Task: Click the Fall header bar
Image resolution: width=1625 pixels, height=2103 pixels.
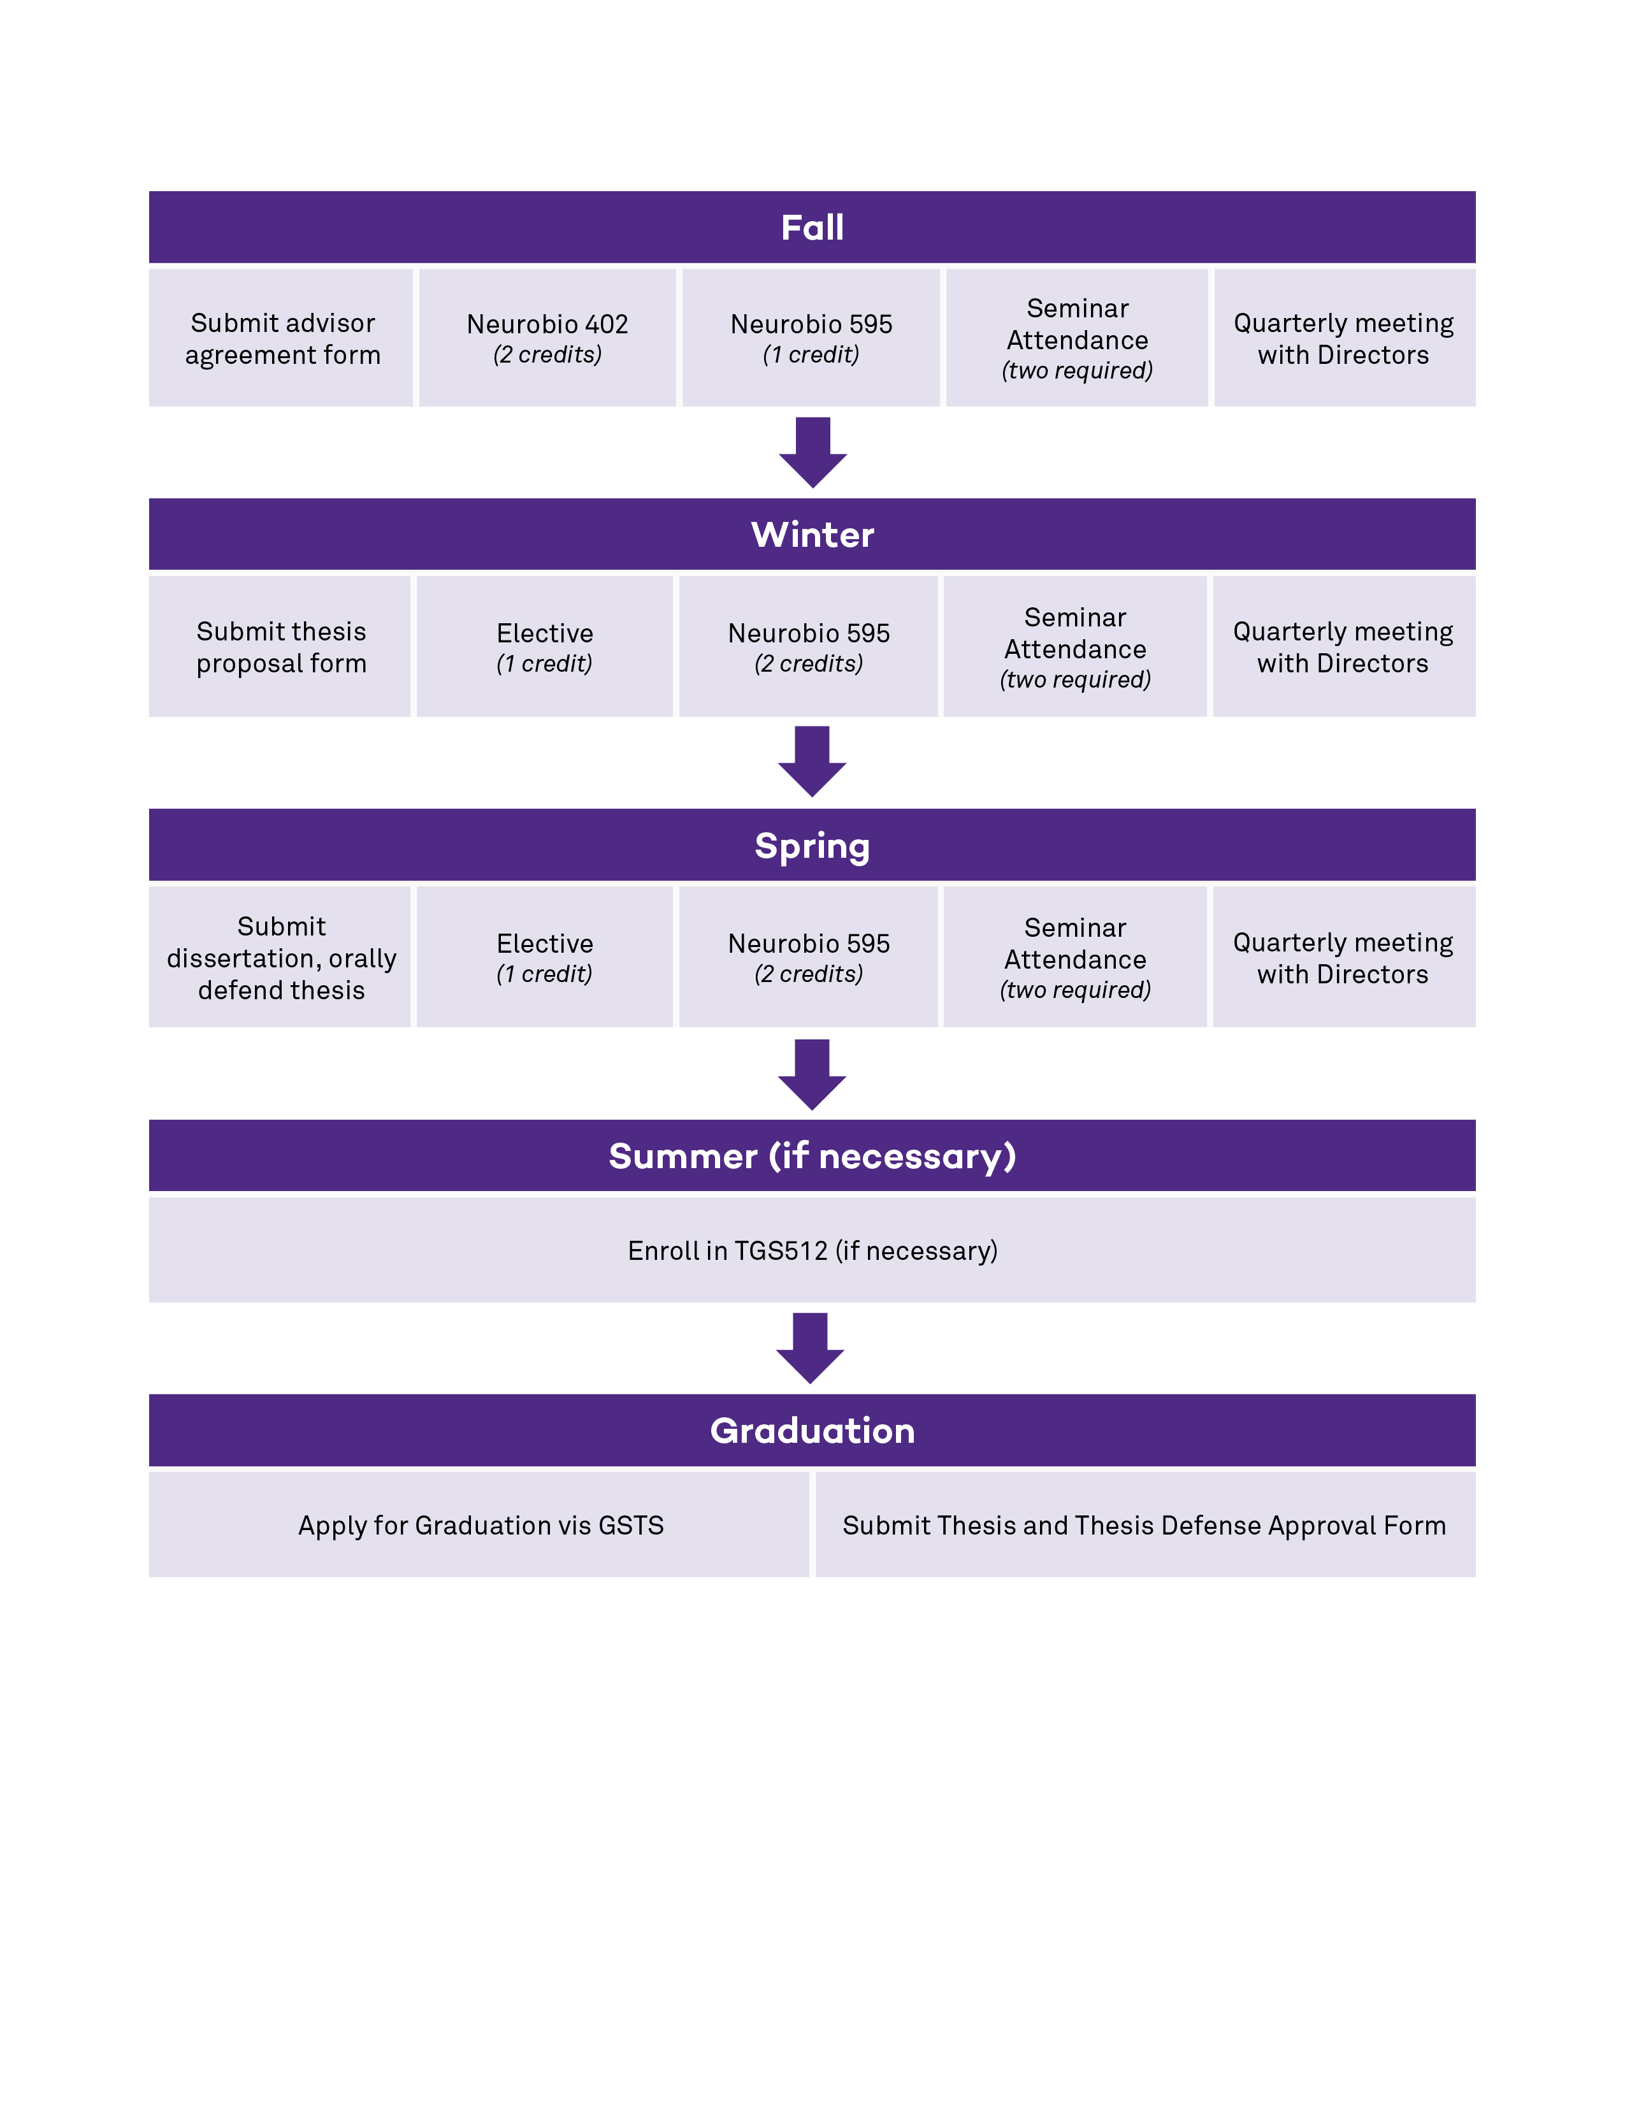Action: coord(811,228)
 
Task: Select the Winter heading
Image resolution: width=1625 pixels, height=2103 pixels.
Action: coord(811,535)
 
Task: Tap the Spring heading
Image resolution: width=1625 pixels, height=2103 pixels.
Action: coord(811,846)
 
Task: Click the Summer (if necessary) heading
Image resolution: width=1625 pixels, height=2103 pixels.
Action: coord(811,1155)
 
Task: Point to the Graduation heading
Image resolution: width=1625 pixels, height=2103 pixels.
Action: coord(811,1430)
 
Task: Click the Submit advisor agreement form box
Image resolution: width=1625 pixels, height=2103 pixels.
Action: coord(281,338)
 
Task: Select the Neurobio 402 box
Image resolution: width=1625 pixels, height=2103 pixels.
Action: coord(547,338)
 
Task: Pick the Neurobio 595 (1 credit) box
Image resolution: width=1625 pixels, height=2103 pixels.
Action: coord(811,338)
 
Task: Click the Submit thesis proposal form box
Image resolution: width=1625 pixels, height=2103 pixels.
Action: coord(280,647)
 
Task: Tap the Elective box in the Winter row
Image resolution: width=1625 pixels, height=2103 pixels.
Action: coord(544,647)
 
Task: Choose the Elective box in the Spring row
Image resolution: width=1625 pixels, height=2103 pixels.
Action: coord(544,957)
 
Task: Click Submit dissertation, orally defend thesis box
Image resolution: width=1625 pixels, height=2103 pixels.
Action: coord(280,957)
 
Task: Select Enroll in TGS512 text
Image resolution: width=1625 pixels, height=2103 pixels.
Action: coord(811,1250)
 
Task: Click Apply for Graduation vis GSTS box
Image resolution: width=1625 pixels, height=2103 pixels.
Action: coord(479,1525)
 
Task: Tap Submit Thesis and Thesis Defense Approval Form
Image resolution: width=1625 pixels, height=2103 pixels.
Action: coord(1144,1525)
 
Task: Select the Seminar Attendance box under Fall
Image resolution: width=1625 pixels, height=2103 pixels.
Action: coord(1076,338)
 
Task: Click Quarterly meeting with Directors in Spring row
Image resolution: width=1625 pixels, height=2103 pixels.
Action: coord(1343,957)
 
